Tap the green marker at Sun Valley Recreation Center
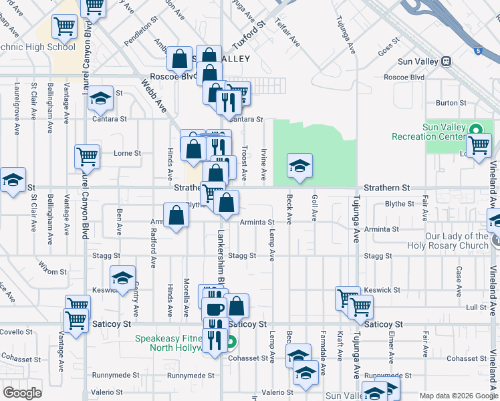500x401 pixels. [x=476, y=130]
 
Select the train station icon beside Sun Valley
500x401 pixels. [x=446, y=61]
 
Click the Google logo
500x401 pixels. [x=22, y=392]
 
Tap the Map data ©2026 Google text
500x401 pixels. [x=458, y=396]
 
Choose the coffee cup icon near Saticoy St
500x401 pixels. [x=215, y=309]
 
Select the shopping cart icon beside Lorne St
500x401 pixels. [x=88, y=157]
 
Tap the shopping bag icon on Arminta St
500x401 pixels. [x=176, y=217]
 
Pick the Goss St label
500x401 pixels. [x=388, y=51]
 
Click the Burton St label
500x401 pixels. [x=451, y=103]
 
